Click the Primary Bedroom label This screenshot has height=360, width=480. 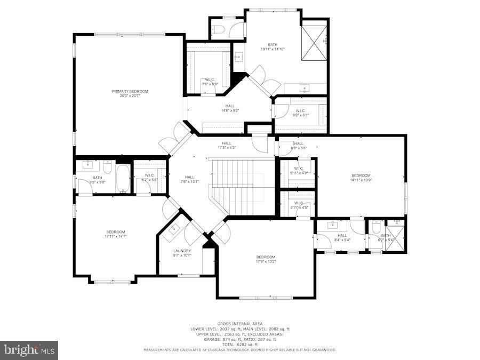[130, 91]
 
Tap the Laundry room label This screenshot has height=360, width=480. [182, 251]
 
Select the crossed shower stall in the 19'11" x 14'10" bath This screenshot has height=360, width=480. [314, 43]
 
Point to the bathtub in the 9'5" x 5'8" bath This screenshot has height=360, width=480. [122, 179]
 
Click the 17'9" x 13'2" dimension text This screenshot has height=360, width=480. [265, 262]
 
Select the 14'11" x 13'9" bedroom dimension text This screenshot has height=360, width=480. [361, 180]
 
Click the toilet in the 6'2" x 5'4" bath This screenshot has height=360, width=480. [375, 229]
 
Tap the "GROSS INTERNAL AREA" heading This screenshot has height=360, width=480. [239, 324]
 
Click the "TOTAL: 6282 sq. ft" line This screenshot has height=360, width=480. [239, 345]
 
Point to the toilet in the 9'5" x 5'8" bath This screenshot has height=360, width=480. [107, 170]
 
